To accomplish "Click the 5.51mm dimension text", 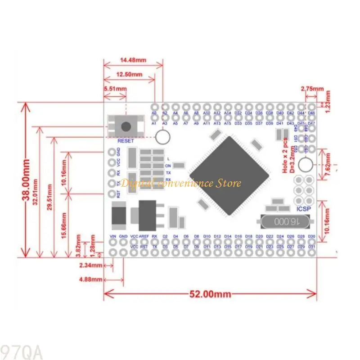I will (x=115, y=89).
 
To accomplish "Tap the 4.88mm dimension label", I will (x=90, y=279).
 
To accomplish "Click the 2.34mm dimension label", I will (x=90, y=265).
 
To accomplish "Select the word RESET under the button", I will (x=126, y=141).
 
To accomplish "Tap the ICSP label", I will (x=302, y=209).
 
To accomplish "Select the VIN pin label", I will (x=113, y=236).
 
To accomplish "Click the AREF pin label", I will (x=144, y=236).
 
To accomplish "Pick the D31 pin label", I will (x=312, y=247).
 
